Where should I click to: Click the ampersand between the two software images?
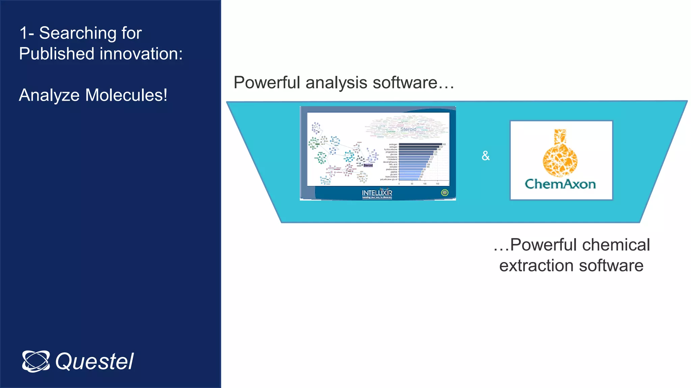click(486, 156)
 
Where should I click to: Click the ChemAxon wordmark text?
click(560, 184)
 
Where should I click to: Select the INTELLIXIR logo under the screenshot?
click(377, 193)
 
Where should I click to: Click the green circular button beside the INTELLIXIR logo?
click(445, 193)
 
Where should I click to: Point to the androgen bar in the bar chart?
click(420, 144)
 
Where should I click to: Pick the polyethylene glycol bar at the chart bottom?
click(409, 179)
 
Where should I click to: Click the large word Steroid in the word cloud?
click(408, 129)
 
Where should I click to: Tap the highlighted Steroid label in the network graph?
click(368, 165)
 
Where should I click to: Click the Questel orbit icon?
click(36, 361)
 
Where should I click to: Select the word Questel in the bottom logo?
click(94, 362)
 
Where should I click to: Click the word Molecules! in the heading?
click(126, 95)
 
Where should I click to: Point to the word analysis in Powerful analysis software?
click(336, 83)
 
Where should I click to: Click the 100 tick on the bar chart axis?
click(424, 184)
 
